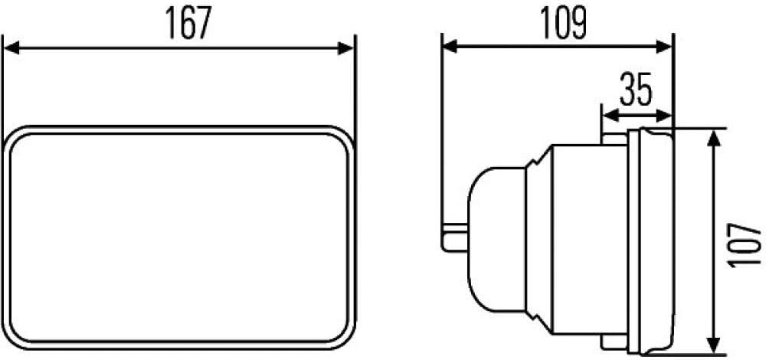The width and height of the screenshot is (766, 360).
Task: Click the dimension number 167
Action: tap(188, 23)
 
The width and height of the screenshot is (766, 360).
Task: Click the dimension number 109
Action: tap(563, 23)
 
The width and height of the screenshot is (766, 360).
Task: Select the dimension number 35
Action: tap(636, 90)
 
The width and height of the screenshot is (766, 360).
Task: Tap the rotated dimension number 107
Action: tap(745, 244)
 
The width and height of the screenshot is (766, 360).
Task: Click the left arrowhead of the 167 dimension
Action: tap(11, 47)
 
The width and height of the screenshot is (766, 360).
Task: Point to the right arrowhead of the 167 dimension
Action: tap(346, 47)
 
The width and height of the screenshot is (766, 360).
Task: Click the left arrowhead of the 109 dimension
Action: tap(450, 47)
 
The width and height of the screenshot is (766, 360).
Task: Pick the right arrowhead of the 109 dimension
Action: tap(664, 47)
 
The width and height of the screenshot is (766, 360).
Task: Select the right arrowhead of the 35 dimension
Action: tap(665, 116)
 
